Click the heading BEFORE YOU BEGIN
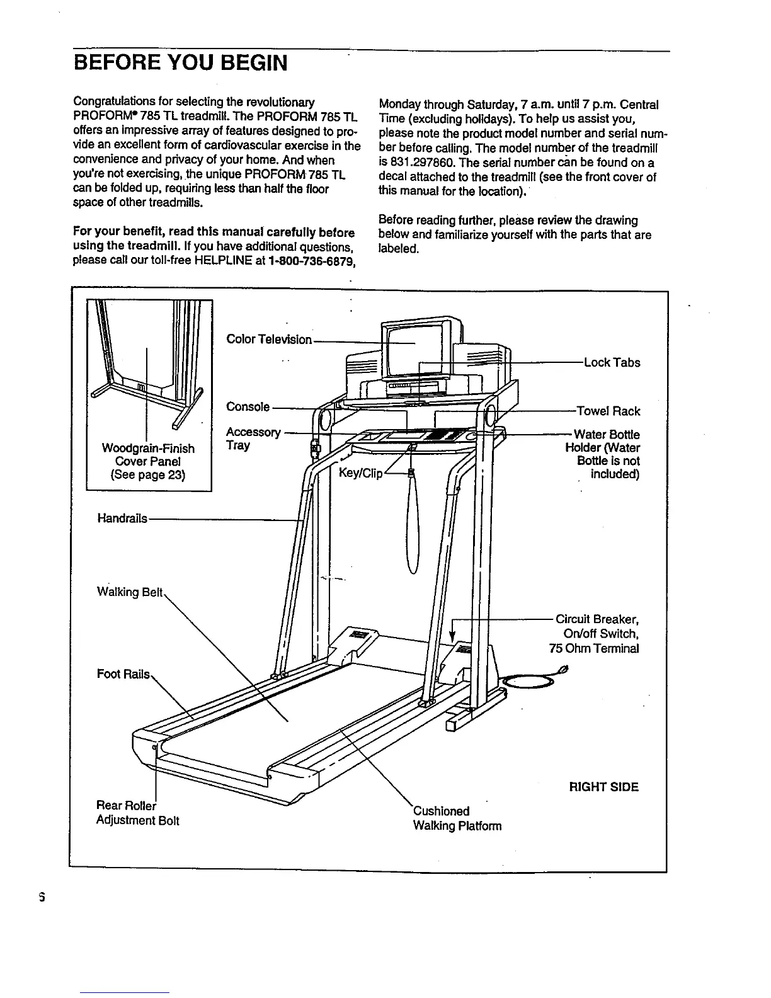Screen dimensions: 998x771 [x=180, y=64]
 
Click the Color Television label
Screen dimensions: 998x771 [x=269, y=340]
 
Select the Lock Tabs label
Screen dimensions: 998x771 [x=612, y=363]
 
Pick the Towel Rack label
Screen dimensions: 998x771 [x=608, y=411]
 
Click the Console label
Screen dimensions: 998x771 [x=248, y=407]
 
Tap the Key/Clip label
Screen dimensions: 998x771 [x=360, y=473]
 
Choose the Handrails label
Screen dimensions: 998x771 [x=122, y=519]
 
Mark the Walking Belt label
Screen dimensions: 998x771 [x=130, y=592]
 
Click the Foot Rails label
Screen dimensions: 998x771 [x=123, y=674]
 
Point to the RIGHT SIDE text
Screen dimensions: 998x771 [x=603, y=787]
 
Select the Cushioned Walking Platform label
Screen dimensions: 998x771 [x=457, y=818]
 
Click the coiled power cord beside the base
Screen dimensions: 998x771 [x=528, y=682]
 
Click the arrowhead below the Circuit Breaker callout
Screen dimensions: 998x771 [x=452, y=638]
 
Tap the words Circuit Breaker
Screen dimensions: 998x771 [x=597, y=619]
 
